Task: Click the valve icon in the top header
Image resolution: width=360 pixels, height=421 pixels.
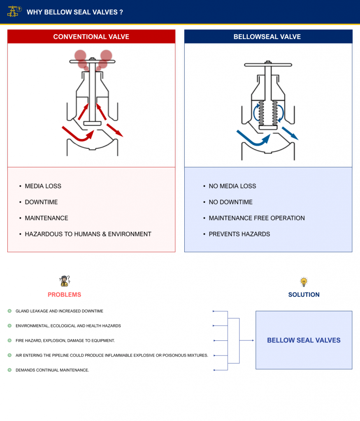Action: click(x=14, y=11)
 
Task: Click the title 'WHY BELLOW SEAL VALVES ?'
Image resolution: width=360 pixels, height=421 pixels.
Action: click(x=74, y=12)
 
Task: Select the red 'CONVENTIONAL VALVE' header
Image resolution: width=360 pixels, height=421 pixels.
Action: click(x=91, y=37)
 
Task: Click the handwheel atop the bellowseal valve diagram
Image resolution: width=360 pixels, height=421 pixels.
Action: click(x=268, y=65)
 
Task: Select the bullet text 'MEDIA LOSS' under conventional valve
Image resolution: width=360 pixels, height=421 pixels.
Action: click(x=43, y=186)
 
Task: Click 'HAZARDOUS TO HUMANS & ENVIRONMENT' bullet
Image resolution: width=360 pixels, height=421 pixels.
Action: click(x=88, y=234)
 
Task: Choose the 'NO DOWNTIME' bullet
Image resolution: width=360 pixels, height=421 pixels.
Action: click(x=230, y=202)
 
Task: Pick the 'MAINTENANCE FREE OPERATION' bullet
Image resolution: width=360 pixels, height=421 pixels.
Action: click(x=257, y=218)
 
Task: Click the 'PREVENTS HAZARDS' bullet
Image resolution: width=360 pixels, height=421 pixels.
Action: click(x=239, y=234)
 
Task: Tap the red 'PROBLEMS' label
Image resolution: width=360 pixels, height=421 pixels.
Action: click(x=64, y=295)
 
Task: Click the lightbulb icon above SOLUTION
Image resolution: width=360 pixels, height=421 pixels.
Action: click(x=304, y=282)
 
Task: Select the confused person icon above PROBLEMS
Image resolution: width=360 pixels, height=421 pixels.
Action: click(x=65, y=281)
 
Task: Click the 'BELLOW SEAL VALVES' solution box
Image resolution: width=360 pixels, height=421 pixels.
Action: click(x=304, y=340)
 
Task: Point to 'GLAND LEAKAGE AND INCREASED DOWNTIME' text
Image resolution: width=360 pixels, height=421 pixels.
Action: click(x=59, y=311)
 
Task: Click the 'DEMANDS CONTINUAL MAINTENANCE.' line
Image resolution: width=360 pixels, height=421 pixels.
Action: click(x=52, y=370)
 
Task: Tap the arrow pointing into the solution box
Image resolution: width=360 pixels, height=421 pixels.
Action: click(x=247, y=340)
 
